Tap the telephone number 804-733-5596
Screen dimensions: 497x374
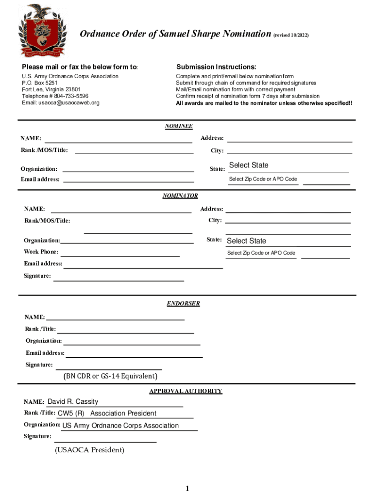pyautogui.click(x=71, y=96)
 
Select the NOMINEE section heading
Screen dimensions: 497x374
pyautogui.click(x=179, y=127)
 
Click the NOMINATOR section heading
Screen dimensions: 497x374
pyautogui.click(x=180, y=196)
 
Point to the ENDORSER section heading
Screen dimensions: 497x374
pyautogui.click(x=183, y=304)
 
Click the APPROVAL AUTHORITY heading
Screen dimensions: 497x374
pyautogui.click(x=186, y=391)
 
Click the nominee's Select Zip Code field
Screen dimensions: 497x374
pyautogui.click(x=263, y=180)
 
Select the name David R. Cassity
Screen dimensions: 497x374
pyautogui.click(x=73, y=402)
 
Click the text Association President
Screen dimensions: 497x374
pyautogui.click(x=123, y=414)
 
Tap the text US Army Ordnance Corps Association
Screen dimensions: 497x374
pyautogui.click(x=120, y=426)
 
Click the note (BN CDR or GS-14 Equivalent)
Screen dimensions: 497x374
pyautogui.click(x=110, y=377)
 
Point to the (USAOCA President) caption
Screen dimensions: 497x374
pyautogui.click(x=90, y=450)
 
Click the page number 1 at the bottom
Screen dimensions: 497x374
pyautogui.click(x=187, y=488)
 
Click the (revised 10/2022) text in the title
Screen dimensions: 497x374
pyautogui.click(x=290, y=35)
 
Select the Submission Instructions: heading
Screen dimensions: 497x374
pyautogui.click(x=216, y=67)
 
